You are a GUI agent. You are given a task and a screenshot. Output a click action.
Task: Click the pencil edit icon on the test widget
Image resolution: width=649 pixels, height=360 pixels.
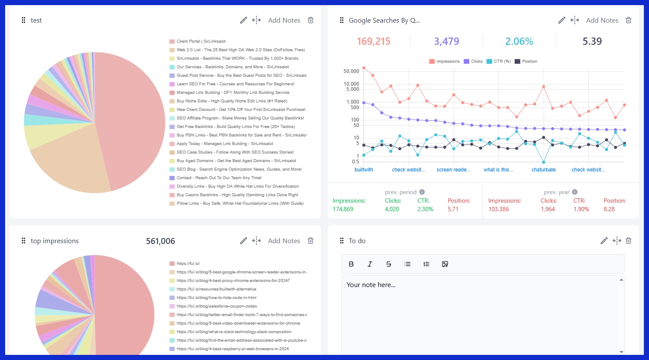(x=243, y=20)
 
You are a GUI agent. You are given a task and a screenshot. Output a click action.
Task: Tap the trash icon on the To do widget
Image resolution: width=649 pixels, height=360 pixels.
(x=628, y=241)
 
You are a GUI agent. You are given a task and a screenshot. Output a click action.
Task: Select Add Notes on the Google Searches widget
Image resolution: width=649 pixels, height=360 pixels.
(x=602, y=20)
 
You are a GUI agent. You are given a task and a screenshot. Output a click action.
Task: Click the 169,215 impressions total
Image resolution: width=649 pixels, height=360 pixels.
(x=373, y=41)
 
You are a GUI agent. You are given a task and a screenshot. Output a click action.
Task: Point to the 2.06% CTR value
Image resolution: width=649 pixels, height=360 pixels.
(x=519, y=41)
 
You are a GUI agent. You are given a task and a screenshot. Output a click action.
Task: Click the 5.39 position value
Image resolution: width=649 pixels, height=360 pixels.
(x=592, y=41)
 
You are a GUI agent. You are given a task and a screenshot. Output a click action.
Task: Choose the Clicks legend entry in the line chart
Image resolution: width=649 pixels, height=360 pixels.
(x=473, y=61)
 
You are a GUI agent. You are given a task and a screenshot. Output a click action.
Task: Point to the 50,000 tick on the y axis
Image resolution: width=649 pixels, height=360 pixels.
(x=351, y=71)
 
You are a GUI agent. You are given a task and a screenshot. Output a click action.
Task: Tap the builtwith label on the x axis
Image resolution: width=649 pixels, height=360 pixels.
(x=364, y=170)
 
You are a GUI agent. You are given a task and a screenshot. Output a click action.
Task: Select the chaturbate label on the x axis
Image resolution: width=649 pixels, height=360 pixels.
(x=543, y=170)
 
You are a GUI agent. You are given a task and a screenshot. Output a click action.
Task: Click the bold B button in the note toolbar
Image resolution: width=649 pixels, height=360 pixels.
(x=351, y=264)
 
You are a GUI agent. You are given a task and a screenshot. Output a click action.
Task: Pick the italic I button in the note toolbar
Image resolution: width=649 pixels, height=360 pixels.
(x=370, y=264)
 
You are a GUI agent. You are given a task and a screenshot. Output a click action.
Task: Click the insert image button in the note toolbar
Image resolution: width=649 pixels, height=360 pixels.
(x=445, y=264)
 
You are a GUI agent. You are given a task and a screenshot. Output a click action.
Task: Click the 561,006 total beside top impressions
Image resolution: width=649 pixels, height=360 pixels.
(x=160, y=241)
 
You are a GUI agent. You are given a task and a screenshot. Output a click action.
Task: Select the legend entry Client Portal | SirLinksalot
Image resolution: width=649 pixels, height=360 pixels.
(x=201, y=41)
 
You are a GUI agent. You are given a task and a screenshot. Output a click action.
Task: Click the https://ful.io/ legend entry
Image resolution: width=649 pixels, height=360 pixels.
(x=188, y=264)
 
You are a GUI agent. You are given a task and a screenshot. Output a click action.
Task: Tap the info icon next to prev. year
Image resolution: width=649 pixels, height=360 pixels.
(x=575, y=192)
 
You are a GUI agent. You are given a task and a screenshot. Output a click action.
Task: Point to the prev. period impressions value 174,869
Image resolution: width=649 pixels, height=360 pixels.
(x=343, y=209)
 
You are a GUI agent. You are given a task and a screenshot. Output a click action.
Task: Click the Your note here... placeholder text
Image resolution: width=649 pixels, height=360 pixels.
(x=371, y=285)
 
